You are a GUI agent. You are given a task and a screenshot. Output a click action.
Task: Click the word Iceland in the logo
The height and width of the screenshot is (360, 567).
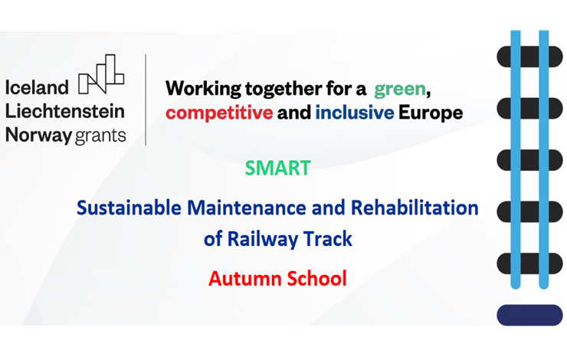37,87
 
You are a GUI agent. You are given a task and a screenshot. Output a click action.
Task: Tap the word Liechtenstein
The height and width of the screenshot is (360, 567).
65,111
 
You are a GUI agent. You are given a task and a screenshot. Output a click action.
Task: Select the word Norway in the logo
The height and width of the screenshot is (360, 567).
38,136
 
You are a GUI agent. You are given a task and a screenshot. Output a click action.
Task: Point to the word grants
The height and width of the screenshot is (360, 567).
100,136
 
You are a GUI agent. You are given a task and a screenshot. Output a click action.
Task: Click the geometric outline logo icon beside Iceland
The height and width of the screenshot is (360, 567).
101,74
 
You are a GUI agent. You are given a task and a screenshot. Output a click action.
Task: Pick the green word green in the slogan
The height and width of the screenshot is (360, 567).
399,90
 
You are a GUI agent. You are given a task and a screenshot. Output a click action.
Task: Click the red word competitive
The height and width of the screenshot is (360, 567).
219,113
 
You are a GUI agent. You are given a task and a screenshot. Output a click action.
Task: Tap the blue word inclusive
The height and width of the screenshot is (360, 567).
354,113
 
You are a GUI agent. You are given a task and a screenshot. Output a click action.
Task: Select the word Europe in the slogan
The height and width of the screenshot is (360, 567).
431,113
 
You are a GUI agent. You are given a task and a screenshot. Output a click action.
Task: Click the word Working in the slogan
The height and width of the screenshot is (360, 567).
203,90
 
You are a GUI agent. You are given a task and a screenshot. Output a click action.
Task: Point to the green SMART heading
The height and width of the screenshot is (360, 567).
277,168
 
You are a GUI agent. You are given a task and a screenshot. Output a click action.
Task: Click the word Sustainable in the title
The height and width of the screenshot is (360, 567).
129,208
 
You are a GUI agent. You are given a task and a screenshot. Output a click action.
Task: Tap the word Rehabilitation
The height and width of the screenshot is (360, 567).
415,208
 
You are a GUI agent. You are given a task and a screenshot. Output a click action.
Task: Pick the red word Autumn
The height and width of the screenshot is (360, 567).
245,279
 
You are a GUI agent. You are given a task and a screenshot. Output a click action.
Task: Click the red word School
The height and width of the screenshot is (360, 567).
316,279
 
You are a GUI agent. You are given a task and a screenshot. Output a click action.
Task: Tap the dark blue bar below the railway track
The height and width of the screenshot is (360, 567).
529,315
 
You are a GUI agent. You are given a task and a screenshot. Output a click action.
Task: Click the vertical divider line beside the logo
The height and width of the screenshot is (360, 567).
146,100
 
